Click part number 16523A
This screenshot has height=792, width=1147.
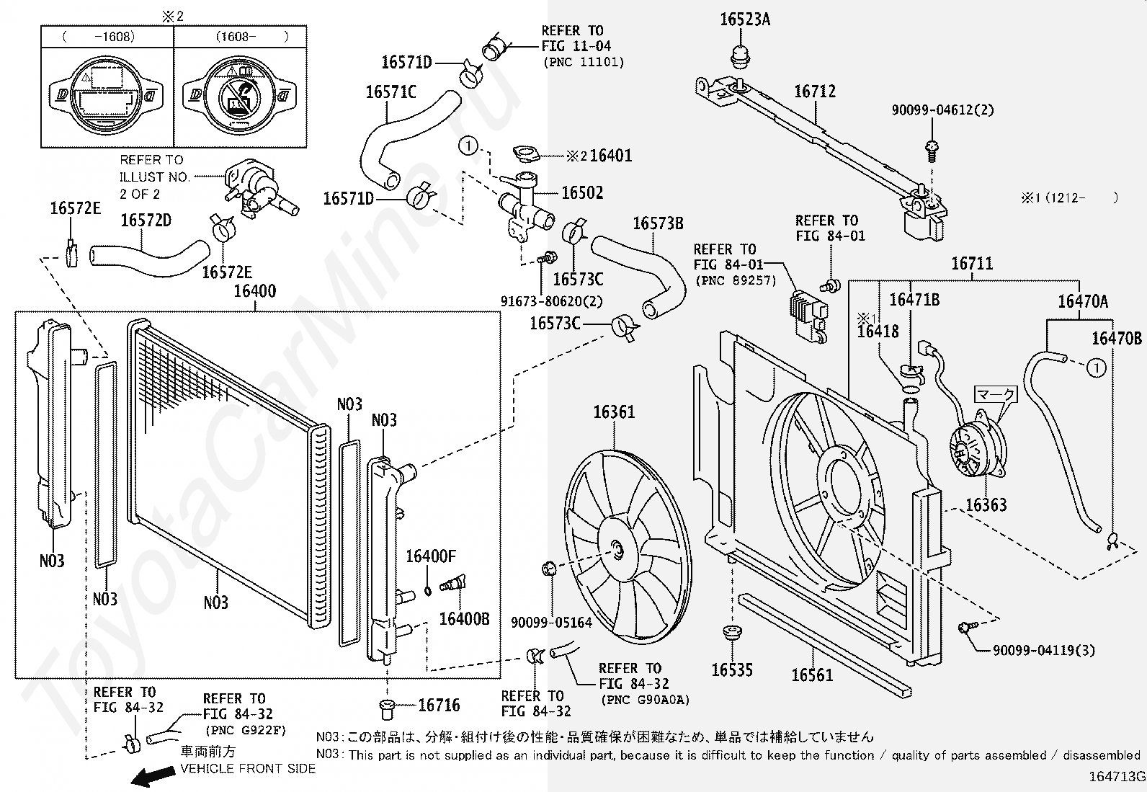[744, 19]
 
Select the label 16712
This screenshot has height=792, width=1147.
[815, 92]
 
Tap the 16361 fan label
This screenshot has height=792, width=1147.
[614, 412]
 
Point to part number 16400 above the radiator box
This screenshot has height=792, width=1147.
[254, 292]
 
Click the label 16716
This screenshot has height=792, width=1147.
[439, 706]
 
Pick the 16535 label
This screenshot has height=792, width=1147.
[732, 670]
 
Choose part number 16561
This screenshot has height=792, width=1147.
[812, 675]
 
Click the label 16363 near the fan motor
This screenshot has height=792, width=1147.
[986, 505]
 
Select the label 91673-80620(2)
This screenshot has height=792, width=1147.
[552, 301]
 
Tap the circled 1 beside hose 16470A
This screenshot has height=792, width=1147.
[1095, 368]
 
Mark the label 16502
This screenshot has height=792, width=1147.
[582, 193]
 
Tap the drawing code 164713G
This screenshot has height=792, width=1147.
[1117, 776]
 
